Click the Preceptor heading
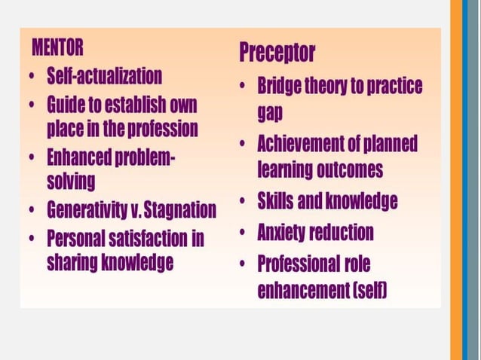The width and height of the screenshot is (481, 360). tap(277, 53)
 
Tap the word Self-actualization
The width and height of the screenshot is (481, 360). tap(104, 76)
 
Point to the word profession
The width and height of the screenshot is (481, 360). tap(161, 128)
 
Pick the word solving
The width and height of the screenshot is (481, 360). tap(71, 182)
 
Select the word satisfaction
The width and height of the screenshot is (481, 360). tap(147, 239)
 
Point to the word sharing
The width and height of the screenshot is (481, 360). tap(74, 262)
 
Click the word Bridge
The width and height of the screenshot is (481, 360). tap(280, 87)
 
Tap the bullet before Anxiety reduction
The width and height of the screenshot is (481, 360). tap(243, 232)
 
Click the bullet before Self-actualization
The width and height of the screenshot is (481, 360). tap(29, 77)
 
